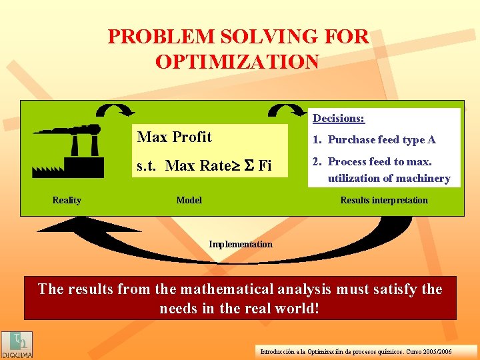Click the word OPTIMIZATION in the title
click(x=237, y=62)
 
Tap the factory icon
click(x=68, y=151)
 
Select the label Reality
click(x=67, y=200)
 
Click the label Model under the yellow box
click(x=189, y=200)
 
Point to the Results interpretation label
click(x=384, y=200)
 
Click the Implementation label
click(x=240, y=244)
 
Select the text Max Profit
click(x=174, y=137)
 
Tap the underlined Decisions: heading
click(x=339, y=118)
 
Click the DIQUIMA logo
click(x=16, y=345)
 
